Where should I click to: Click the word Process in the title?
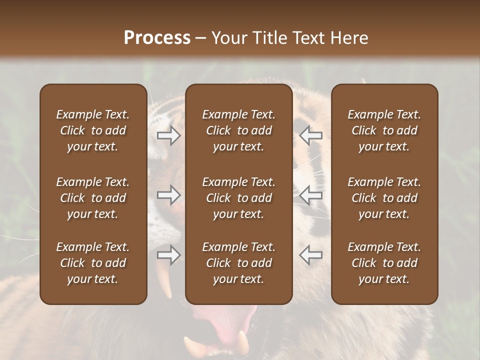pos(157,38)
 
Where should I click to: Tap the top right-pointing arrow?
pos(169,135)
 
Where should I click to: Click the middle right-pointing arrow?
pos(169,195)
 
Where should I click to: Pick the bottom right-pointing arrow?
pos(169,255)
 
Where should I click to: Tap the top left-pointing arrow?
pos(310,135)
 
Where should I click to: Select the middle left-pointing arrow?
pos(310,195)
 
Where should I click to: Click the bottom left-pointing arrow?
pos(310,255)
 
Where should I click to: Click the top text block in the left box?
pos(93,130)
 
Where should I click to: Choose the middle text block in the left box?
pos(93,198)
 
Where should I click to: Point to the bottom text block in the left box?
pos(93,263)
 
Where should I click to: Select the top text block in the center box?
pos(238,130)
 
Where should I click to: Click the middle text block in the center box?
pos(238,198)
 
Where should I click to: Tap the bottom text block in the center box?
pos(238,263)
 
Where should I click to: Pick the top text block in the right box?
pos(384,130)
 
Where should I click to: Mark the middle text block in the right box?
pos(384,198)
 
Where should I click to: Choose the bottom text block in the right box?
pos(384,263)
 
